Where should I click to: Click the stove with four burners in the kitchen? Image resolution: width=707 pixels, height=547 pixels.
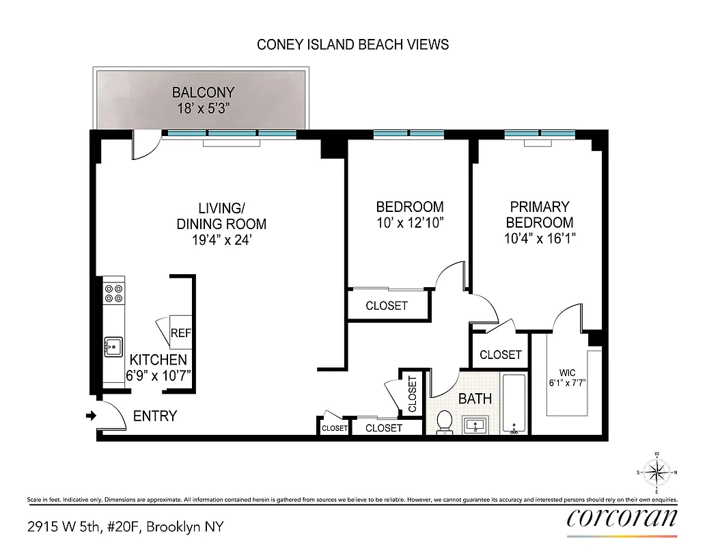pos(114,293)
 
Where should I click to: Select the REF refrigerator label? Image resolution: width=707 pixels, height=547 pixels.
pos(180,333)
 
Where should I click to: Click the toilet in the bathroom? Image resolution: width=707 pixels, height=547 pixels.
pos(444,423)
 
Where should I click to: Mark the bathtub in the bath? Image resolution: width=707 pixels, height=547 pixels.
pos(514,403)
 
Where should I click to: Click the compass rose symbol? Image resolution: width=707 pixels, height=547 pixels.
pos(656,472)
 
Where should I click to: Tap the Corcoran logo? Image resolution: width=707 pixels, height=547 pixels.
pos(622,518)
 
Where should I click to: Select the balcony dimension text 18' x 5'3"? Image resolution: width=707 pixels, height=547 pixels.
pos(203,107)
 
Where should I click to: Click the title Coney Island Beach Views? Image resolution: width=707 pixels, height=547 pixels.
pos(352,44)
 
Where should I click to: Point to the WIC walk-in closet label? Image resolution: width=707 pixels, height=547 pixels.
pos(568,373)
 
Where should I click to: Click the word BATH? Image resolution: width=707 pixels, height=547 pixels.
pos(475,399)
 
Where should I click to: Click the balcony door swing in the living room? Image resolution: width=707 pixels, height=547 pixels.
pos(145,146)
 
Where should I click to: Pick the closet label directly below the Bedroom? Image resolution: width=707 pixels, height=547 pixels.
pos(387,306)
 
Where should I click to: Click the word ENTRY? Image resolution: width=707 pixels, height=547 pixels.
pos(155,416)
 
